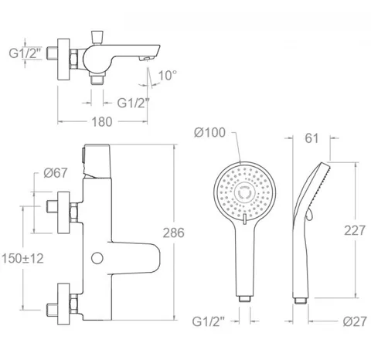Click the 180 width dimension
coord(102,122)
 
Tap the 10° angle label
coord(168,76)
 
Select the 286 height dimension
coord(174,233)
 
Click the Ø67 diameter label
coord(56,173)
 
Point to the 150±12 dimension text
coord(22,259)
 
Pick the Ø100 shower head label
coord(209,133)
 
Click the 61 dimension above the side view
coord(311,138)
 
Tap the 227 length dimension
coord(355,230)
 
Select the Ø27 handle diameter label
coord(355,321)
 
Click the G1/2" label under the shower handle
coord(209,321)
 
